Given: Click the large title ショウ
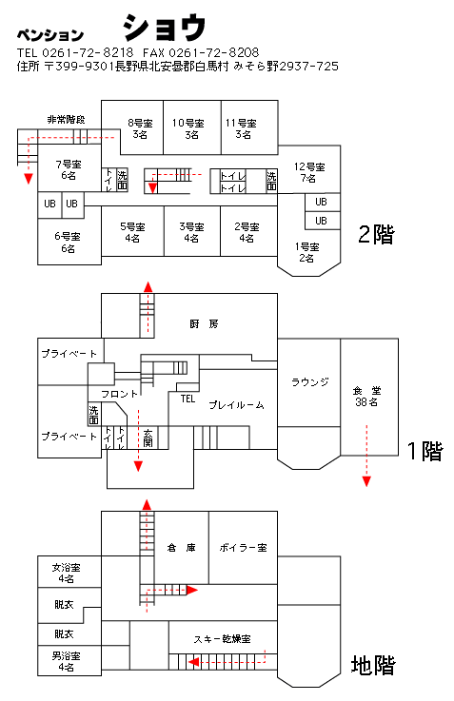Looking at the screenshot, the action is (x=164, y=28).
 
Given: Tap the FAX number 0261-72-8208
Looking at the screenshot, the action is (x=214, y=52).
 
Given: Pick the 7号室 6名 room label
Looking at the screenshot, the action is (x=69, y=170).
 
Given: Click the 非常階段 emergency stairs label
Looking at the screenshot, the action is (x=67, y=119).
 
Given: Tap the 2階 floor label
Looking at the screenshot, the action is (x=377, y=234).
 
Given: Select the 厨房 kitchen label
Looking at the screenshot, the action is (x=204, y=323).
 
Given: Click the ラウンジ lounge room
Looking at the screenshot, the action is (x=309, y=382).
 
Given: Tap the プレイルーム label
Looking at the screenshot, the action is (x=237, y=405).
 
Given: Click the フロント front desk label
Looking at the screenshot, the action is (x=119, y=394).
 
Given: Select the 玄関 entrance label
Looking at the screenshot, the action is (x=148, y=438).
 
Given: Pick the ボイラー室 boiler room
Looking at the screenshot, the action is (x=243, y=548).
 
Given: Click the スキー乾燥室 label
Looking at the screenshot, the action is (x=223, y=639).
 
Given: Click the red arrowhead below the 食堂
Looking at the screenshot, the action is (x=366, y=481).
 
